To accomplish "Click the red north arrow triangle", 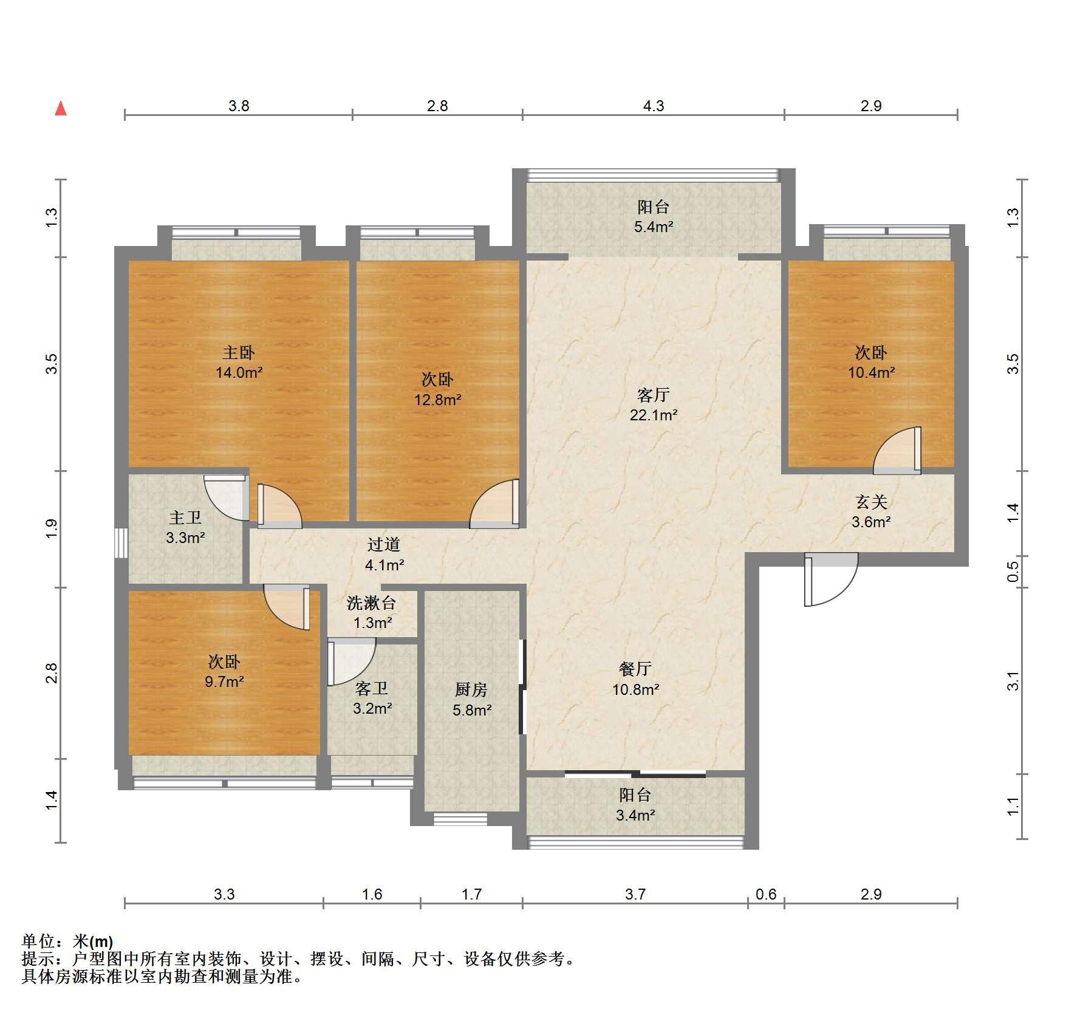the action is tap(61, 109).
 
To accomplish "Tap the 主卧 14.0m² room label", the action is tap(239, 362).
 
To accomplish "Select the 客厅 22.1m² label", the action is tap(654, 405).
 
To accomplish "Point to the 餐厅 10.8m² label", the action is tap(636, 678).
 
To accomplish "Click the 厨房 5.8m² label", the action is tap(472, 699).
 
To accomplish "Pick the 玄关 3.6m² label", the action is tap(872, 511).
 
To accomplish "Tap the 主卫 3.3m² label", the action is tap(185, 527).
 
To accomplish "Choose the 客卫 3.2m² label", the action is tap(372, 698).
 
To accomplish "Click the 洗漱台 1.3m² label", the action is tap(372, 612).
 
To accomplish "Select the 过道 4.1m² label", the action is tap(384, 555).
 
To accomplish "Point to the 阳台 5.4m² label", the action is tap(654, 217).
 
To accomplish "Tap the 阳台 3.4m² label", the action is tap(636, 805).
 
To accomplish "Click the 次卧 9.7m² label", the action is tap(225, 671).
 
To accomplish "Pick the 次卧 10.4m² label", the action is tap(872, 362).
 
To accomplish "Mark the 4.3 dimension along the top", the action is tap(654, 106).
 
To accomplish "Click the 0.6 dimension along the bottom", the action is tap(766, 894).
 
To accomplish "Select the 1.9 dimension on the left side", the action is tap(52, 528).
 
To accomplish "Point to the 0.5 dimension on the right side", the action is tap(1013, 572).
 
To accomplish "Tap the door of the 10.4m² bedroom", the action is tap(898, 450).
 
